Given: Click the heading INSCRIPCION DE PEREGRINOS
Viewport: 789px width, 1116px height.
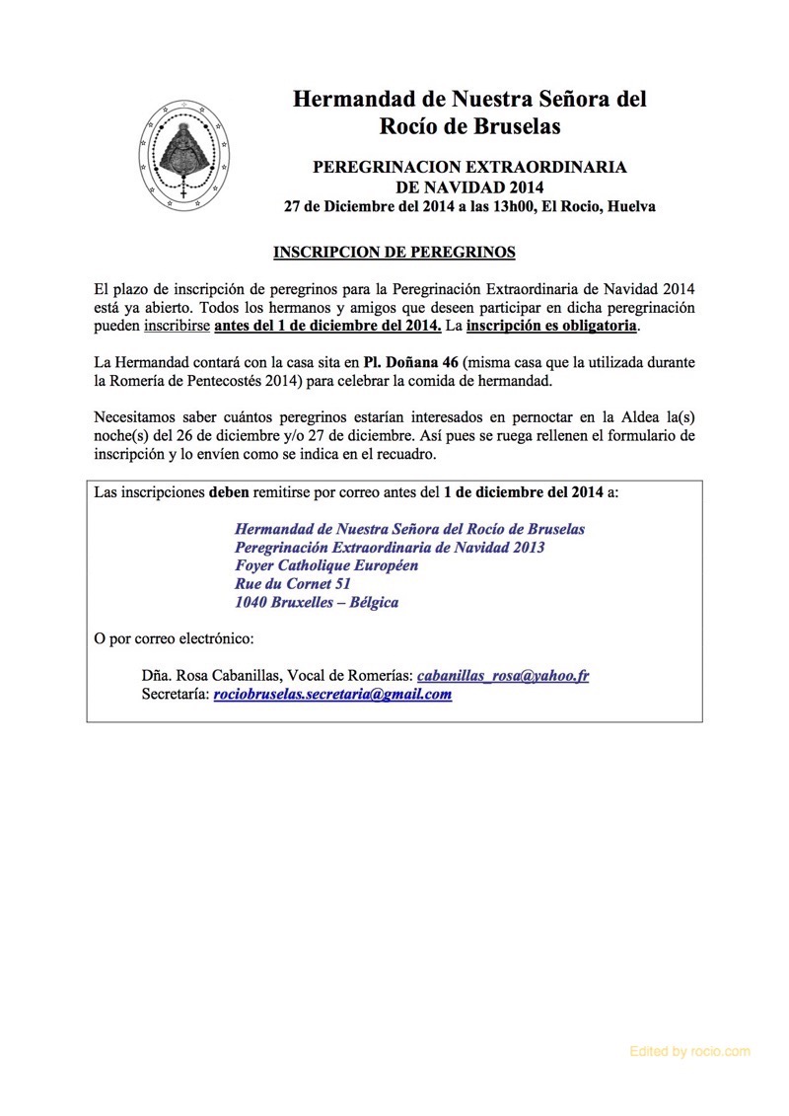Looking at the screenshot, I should (394, 253).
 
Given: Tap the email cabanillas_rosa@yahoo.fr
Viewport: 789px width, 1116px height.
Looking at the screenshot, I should (503, 676).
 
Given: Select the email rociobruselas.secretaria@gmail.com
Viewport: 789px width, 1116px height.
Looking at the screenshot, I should (332, 694).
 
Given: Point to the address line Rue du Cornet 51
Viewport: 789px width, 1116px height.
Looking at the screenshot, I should (293, 584).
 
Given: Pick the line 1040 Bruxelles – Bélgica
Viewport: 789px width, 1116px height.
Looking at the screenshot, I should (317, 602).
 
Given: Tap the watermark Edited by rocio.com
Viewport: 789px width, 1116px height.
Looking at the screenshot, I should (689, 1052).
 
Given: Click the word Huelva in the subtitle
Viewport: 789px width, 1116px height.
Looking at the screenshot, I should (632, 207).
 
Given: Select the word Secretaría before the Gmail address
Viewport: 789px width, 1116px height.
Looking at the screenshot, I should (175, 695).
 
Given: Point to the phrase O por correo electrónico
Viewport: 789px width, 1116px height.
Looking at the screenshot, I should (174, 638).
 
